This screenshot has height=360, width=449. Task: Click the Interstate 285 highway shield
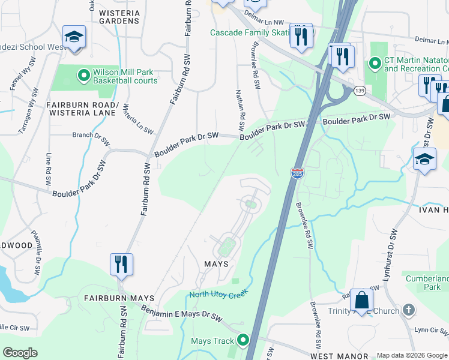[x=297, y=173]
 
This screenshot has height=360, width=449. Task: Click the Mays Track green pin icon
[x=243, y=340]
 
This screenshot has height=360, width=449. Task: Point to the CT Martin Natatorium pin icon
[x=375, y=62]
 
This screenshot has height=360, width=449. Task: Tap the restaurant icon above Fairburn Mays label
[x=121, y=264]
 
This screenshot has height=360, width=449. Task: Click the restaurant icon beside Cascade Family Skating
[x=301, y=35]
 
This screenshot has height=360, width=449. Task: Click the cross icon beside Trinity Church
[x=408, y=310]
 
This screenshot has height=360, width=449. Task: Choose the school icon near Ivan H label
[x=424, y=159]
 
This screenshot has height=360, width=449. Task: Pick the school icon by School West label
[x=74, y=36]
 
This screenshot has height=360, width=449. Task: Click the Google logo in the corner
[x=20, y=352]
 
